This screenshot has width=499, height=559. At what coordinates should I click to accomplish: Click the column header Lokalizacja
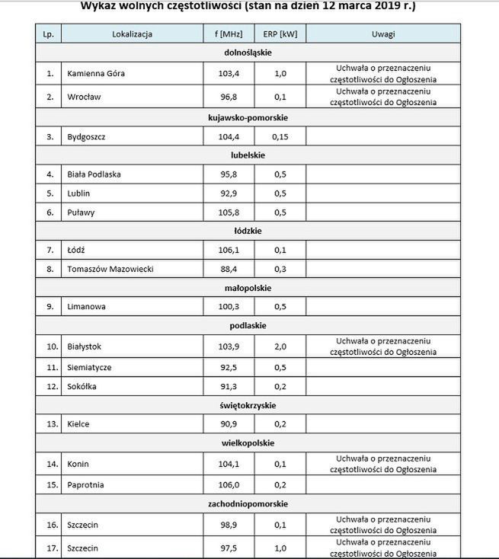click(132, 34)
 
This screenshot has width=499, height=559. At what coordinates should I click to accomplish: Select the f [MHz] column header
click(229, 34)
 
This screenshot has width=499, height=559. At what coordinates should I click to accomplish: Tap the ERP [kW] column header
click(280, 34)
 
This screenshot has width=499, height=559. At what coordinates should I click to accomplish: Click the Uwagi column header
click(383, 34)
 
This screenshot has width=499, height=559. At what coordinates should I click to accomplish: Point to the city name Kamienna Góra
click(95, 74)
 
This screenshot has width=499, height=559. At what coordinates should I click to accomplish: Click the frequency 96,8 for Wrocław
click(229, 97)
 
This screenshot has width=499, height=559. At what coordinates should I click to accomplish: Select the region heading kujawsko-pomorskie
click(248, 117)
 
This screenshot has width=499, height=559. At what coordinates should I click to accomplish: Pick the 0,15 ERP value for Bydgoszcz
click(280, 136)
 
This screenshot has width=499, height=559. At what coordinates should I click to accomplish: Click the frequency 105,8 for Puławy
click(229, 212)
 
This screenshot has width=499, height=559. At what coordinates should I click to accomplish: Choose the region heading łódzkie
click(248, 231)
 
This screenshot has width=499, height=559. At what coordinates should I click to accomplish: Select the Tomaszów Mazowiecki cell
click(110, 269)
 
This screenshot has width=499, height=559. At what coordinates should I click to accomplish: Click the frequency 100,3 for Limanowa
click(229, 307)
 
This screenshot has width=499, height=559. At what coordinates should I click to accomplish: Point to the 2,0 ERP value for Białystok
click(280, 347)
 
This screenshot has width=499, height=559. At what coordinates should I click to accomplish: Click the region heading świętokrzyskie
click(248, 405)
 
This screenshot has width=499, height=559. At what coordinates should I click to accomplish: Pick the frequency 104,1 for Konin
click(229, 463)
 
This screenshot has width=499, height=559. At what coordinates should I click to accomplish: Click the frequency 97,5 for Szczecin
click(229, 548)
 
